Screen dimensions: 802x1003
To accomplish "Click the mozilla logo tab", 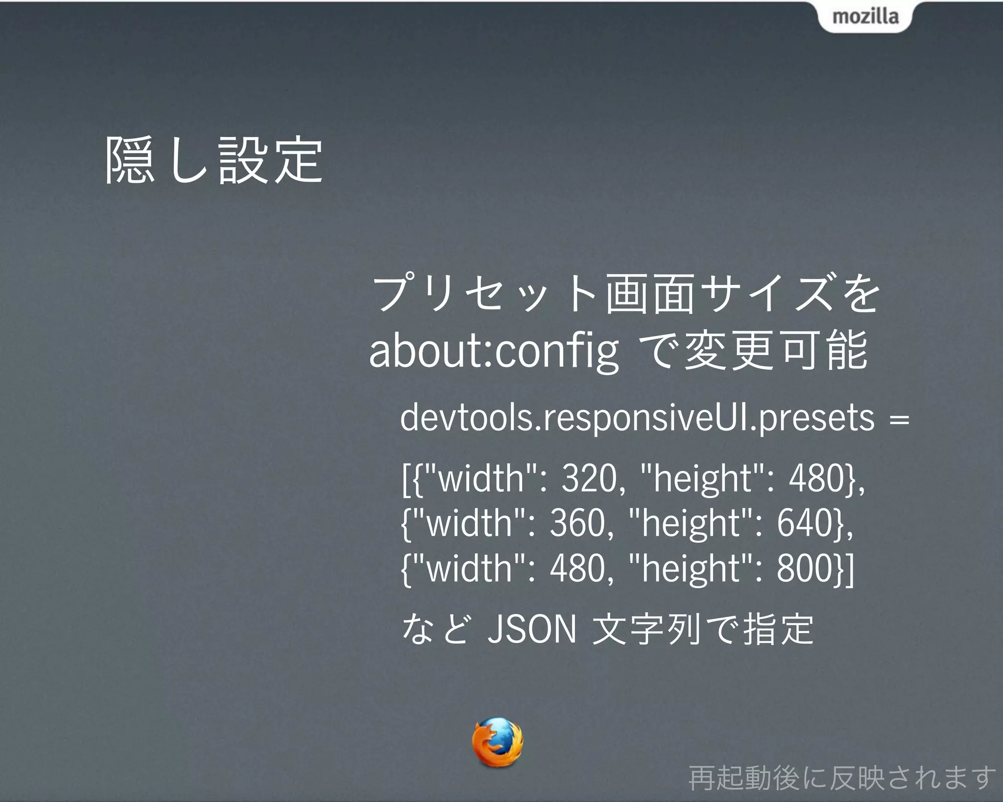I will tap(865, 17).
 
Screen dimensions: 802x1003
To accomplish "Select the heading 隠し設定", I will tap(214, 161).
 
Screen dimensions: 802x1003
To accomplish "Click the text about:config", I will tap(493, 351).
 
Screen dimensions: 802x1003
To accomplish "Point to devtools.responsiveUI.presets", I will tap(637, 418).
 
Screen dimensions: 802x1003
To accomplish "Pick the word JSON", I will tap(531, 629).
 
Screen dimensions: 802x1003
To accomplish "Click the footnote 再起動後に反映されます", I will tap(842, 778).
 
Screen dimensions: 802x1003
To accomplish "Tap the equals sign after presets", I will tap(899, 420).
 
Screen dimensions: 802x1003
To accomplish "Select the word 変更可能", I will tap(776, 351).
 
